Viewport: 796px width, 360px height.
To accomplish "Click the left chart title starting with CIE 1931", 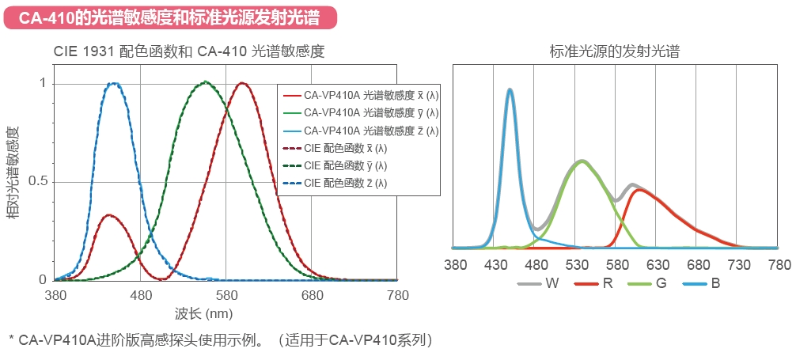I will [x=189, y=51].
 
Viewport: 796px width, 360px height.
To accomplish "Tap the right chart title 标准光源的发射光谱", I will [x=615, y=51].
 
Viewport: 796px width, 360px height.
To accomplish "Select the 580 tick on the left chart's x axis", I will [x=226, y=296].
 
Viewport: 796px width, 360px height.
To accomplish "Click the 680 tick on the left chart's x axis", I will [x=312, y=296].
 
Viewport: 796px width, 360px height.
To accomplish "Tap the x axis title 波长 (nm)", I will [x=203, y=314].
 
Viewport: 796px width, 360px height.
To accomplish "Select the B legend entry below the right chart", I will [x=715, y=282].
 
